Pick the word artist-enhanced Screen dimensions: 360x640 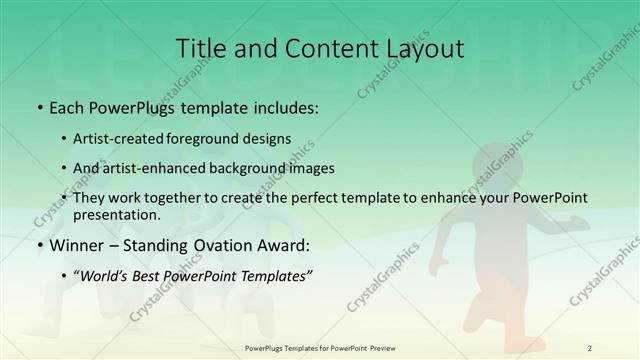point(156,168)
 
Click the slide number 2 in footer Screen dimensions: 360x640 point(590,347)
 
